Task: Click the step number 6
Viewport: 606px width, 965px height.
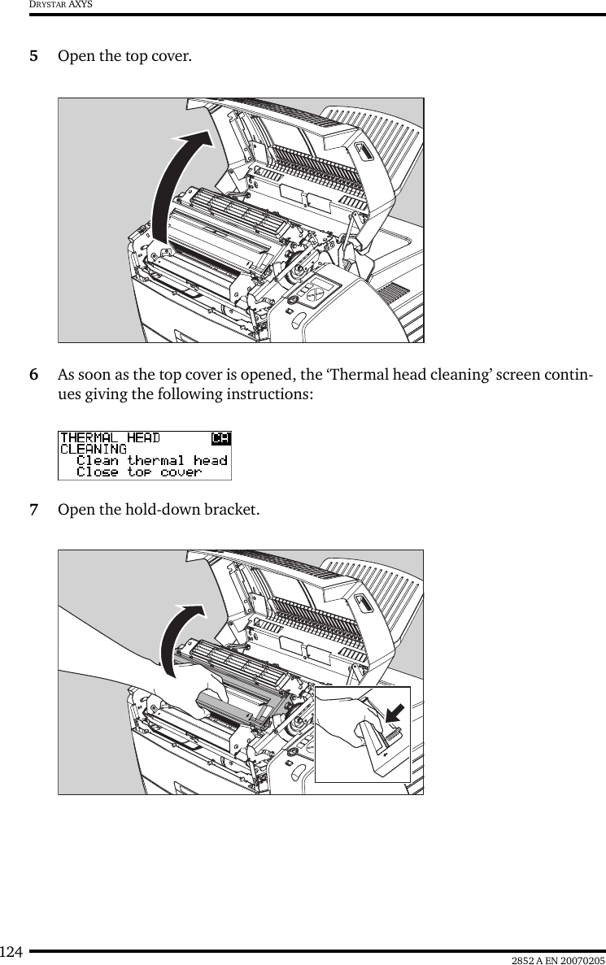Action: tap(33, 376)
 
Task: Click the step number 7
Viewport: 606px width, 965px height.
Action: tap(33, 511)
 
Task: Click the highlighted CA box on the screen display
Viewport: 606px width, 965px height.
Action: tap(220, 439)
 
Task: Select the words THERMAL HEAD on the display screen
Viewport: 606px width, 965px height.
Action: tap(111, 439)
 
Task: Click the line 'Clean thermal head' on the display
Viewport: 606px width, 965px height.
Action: tap(151, 461)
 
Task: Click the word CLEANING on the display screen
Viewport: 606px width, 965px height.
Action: tap(94, 450)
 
